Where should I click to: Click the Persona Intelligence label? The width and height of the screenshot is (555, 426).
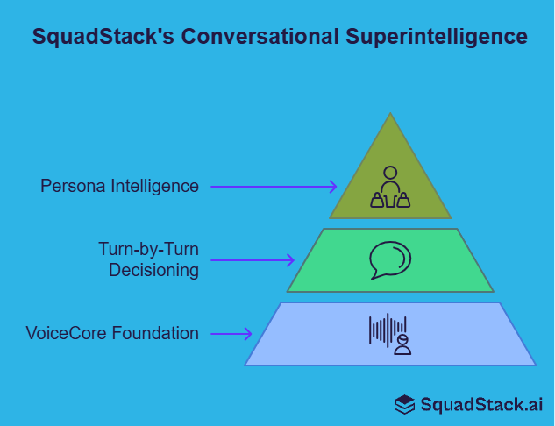pos(119,186)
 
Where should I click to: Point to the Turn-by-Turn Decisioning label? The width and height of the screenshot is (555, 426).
pos(148,259)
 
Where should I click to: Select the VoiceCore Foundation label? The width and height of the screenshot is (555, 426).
pos(112,333)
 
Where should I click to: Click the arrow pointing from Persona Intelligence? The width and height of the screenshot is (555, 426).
pos(274,186)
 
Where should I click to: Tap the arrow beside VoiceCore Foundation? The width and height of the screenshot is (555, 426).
pos(231,333)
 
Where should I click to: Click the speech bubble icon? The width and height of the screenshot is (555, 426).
pos(390,259)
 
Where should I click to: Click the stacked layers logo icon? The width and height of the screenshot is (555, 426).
pos(404,404)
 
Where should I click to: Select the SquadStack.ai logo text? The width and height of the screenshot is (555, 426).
pos(480,404)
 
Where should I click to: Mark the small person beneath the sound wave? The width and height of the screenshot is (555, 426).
pos(402,344)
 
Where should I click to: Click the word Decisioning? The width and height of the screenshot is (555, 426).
pos(153,270)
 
